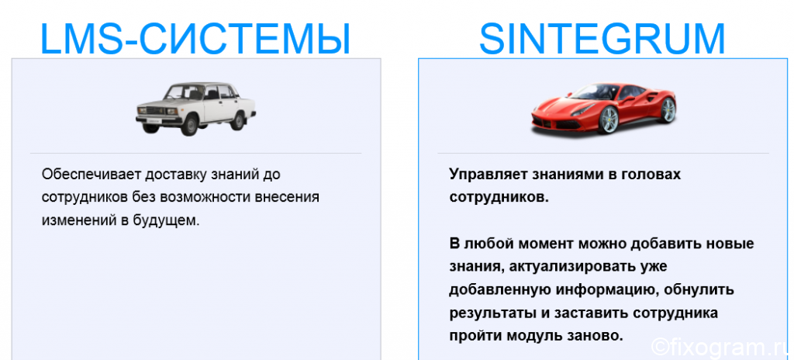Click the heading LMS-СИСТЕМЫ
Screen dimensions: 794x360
click(195, 39)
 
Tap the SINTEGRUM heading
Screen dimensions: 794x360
click(602, 39)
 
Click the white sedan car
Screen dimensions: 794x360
click(195, 109)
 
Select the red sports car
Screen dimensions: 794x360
click(603, 108)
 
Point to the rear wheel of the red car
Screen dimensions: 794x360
click(668, 110)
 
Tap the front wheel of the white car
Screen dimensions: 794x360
click(189, 123)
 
